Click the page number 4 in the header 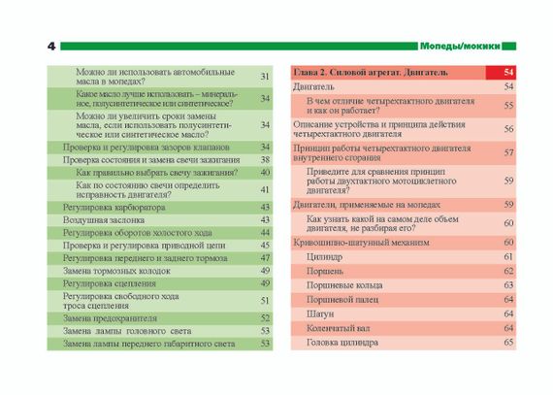(51, 47)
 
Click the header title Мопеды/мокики (460, 47)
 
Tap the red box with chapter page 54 (501, 72)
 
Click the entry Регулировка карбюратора (114, 208)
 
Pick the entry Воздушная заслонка (104, 220)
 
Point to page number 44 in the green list (265, 233)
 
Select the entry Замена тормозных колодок (116, 271)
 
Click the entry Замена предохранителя (110, 318)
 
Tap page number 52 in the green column (265, 318)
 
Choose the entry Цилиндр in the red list (324, 257)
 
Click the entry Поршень (325, 271)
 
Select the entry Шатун (320, 313)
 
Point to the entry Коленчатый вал (339, 328)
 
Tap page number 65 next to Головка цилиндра (508, 343)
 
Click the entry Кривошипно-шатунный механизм (361, 243)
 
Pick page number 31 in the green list (265, 77)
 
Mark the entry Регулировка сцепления (110, 283)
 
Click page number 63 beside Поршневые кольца (508, 285)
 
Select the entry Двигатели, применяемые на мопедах (367, 205)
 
